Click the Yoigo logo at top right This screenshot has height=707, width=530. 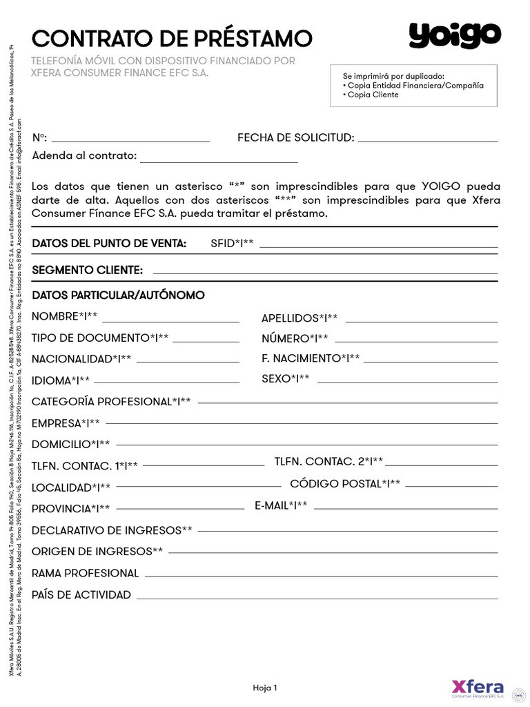click(x=455, y=36)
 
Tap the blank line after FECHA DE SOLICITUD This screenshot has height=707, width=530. click(x=428, y=140)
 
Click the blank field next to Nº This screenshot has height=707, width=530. click(x=130, y=140)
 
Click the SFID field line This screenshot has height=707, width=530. click(x=378, y=246)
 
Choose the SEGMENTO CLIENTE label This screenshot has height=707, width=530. click(x=88, y=269)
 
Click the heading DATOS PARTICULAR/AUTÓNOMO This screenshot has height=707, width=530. click(x=118, y=296)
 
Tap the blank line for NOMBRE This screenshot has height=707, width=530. click(x=171, y=321)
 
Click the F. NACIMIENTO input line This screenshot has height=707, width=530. click(x=431, y=360)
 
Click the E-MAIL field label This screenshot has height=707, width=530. click(x=281, y=506)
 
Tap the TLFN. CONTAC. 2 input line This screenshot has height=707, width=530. click(x=442, y=464)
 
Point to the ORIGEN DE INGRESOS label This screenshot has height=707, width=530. click(x=97, y=552)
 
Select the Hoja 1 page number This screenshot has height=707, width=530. click(x=265, y=688)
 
